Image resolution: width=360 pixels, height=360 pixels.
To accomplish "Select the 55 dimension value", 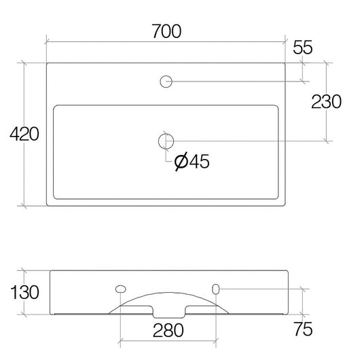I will coord(303,48).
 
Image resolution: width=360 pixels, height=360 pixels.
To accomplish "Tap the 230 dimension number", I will coord(326,102).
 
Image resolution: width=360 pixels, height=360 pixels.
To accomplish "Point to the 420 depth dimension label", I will coord(24,134).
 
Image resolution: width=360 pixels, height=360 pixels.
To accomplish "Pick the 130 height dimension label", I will coord(24,293).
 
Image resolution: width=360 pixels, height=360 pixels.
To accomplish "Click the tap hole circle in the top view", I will coord(165,82).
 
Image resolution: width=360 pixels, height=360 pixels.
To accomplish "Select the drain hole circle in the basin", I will coord(165,141).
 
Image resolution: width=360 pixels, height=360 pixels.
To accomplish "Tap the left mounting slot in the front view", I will coord(120,289).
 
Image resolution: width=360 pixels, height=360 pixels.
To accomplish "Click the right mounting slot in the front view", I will coord(216,289).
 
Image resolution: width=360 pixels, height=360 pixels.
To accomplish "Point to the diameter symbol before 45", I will coord(181,162).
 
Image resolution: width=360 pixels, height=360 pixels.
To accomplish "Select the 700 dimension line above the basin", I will coord(102,41).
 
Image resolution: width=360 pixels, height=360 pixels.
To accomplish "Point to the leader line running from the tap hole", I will coord(238,82).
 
